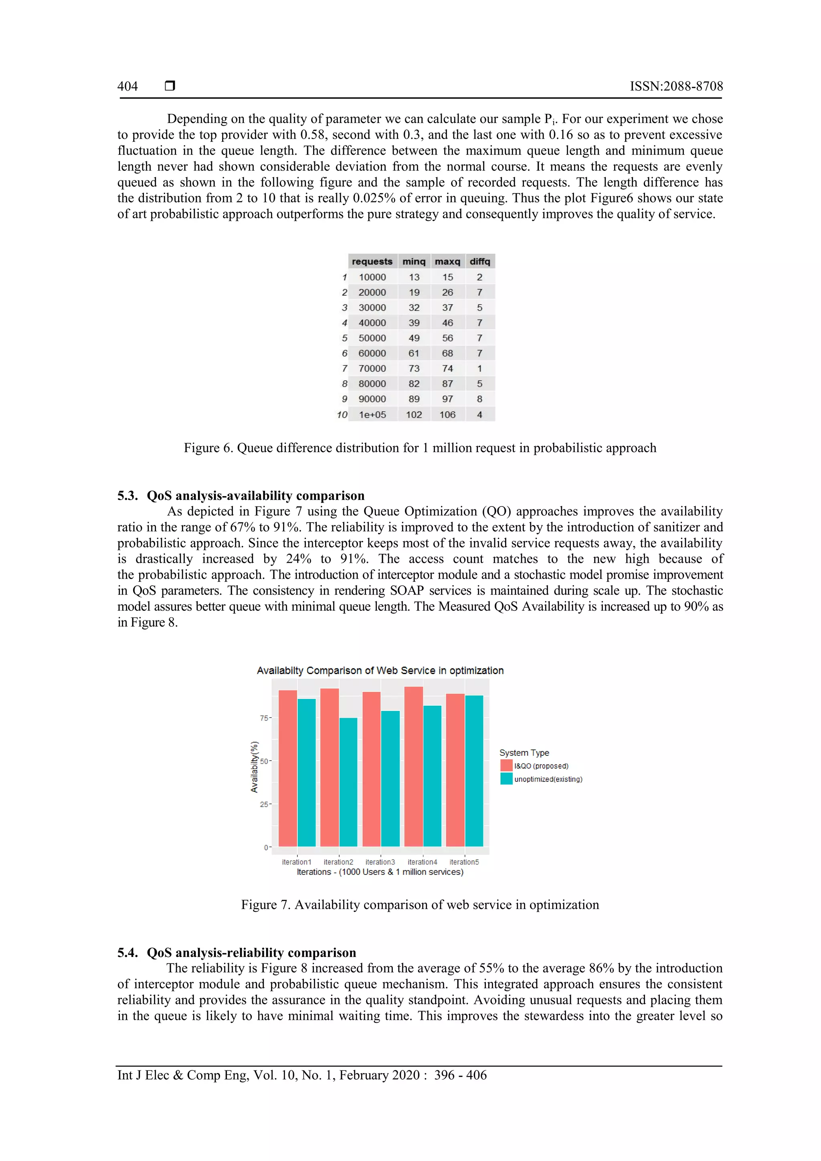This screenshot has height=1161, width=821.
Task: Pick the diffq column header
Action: click(x=479, y=261)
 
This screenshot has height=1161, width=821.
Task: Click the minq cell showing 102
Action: click(x=414, y=415)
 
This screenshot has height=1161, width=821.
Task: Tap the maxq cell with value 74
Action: click(x=447, y=369)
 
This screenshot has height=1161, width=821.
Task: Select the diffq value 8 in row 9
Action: click(x=479, y=399)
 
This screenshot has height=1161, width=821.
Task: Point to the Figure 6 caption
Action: click(x=420, y=448)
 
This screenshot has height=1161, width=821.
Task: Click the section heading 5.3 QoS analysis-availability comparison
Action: click(x=241, y=496)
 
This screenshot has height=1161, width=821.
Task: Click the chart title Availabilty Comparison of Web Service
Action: click(x=380, y=670)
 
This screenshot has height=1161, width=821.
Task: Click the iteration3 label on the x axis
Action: click(x=380, y=862)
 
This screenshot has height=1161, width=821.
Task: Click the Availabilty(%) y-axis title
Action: click(x=255, y=767)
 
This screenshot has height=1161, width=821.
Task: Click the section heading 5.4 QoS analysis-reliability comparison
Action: click(x=237, y=953)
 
